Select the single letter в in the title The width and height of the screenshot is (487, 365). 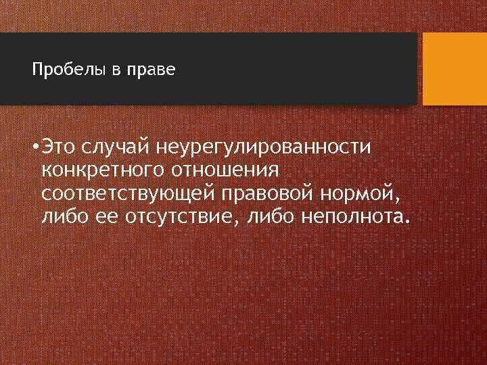click(x=115, y=71)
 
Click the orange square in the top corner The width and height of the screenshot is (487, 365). click(x=455, y=69)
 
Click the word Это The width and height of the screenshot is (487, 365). click(x=59, y=146)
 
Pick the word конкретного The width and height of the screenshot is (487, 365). click(x=100, y=170)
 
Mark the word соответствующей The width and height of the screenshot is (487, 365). click(x=127, y=195)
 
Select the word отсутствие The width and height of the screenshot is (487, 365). click(x=183, y=218)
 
